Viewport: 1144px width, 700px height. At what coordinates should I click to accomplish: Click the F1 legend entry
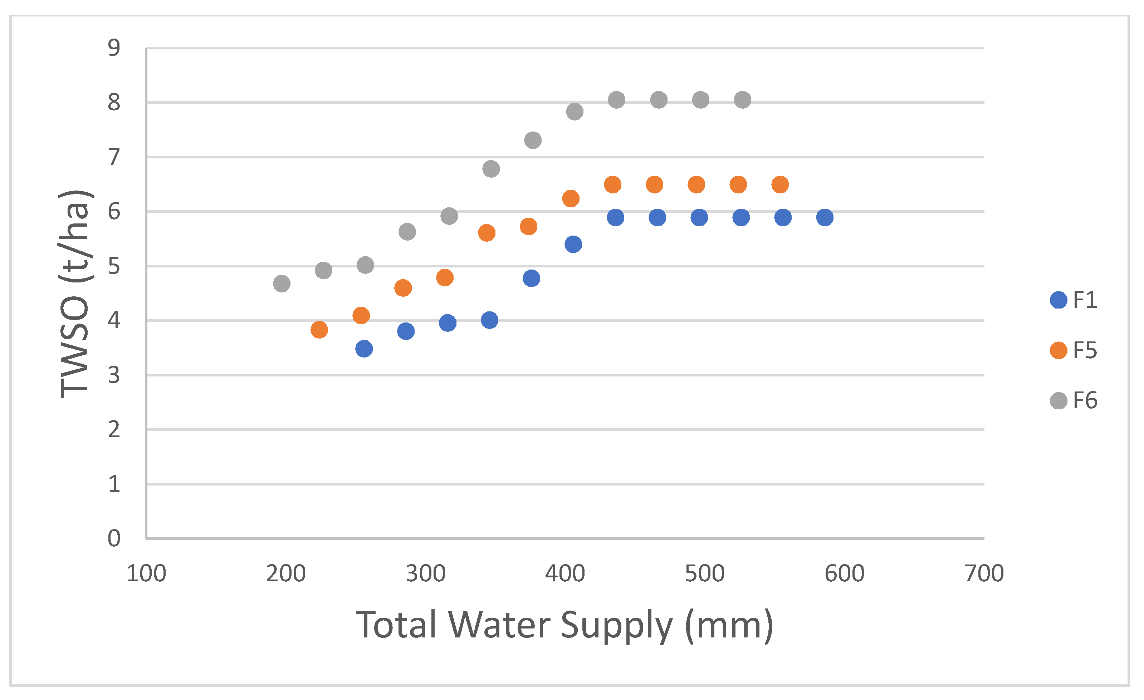pyautogui.click(x=1072, y=300)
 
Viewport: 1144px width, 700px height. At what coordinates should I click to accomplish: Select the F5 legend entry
pyautogui.click(x=1072, y=350)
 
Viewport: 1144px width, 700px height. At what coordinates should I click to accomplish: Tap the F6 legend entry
pyautogui.click(x=1072, y=400)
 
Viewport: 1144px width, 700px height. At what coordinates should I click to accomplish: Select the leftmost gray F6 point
pyautogui.click(x=282, y=284)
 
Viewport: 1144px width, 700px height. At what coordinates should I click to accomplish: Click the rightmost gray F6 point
pyautogui.click(x=742, y=100)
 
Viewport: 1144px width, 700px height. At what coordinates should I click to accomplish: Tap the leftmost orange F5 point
pyautogui.click(x=319, y=330)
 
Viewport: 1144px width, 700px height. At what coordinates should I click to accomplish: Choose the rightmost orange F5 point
pyautogui.click(x=780, y=184)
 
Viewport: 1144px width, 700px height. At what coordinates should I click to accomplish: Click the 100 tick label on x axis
pyautogui.click(x=146, y=574)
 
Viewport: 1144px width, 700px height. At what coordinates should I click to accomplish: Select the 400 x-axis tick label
pyautogui.click(x=565, y=574)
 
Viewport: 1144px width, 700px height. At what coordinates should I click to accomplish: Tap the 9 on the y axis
pyautogui.click(x=114, y=48)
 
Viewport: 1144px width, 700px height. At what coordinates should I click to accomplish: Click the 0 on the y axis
pyautogui.click(x=114, y=538)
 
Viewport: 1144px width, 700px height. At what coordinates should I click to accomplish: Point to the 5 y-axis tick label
pyautogui.click(x=114, y=266)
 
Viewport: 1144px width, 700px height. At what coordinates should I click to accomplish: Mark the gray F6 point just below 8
pyautogui.click(x=575, y=112)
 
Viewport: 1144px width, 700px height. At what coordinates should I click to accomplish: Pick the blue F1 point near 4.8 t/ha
pyautogui.click(x=531, y=278)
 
